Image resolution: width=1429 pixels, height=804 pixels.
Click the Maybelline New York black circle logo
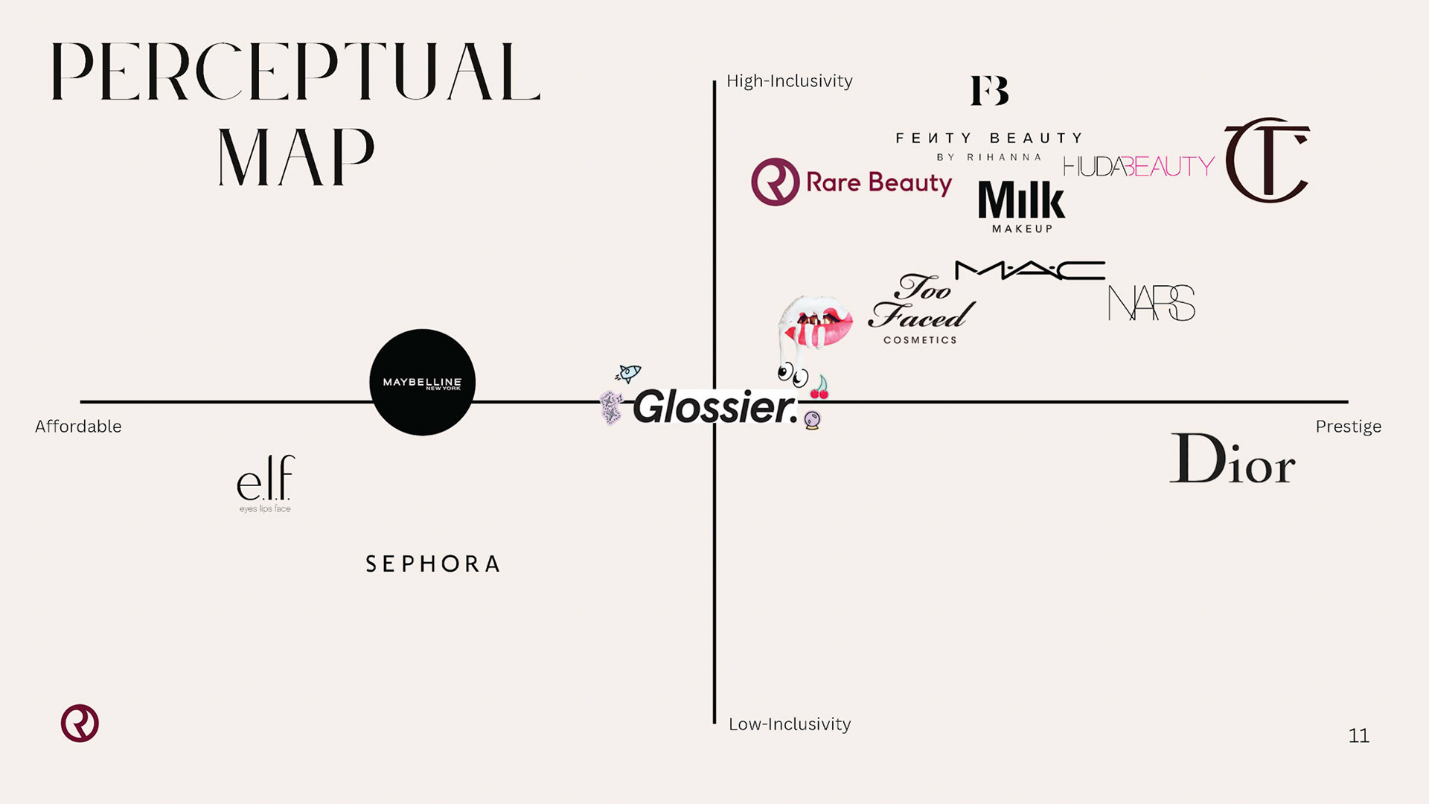[x=422, y=382]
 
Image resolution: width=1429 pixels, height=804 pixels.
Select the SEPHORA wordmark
[x=433, y=564]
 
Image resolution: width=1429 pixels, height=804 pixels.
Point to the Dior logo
[x=1233, y=459]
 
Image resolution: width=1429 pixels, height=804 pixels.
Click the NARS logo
[x=1151, y=303]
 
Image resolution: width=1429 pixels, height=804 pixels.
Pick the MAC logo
[x=1030, y=270]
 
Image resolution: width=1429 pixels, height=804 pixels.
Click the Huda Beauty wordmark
[x=1139, y=166]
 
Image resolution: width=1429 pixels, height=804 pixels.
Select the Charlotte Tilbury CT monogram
[x=1267, y=160]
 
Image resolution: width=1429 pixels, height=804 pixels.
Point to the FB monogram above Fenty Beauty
[x=990, y=91]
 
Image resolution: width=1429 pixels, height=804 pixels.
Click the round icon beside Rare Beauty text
[x=775, y=182]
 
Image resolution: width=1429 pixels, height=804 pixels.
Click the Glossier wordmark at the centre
[x=714, y=407]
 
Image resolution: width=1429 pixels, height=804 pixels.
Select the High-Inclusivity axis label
[x=789, y=81]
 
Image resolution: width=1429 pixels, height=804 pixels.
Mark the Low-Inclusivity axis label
[x=789, y=724]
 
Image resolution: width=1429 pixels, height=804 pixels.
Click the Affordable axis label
[x=78, y=427]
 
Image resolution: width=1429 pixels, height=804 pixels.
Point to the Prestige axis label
[x=1348, y=427]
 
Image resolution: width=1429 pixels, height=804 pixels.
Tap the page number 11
[x=1358, y=736]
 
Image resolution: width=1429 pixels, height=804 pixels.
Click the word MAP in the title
[x=296, y=157]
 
